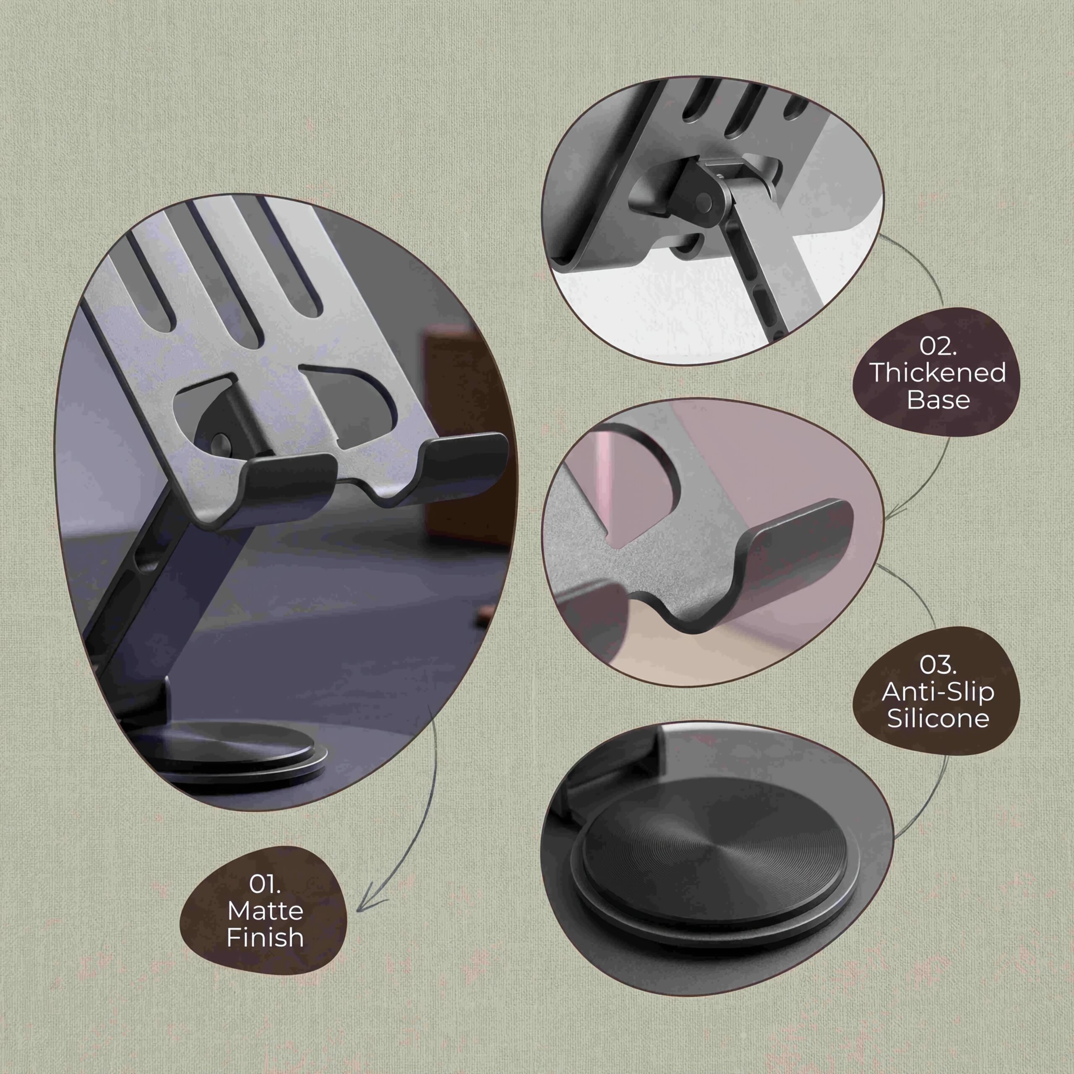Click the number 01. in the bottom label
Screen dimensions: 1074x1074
click(x=265, y=884)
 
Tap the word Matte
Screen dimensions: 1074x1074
click(x=265, y=910)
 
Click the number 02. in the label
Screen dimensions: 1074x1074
click(x=938, y=347)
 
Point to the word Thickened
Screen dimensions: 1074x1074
click(x=938, y=373)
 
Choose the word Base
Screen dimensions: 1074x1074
click(x=938, y=400)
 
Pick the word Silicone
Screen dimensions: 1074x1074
click(x=938, y=719)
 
